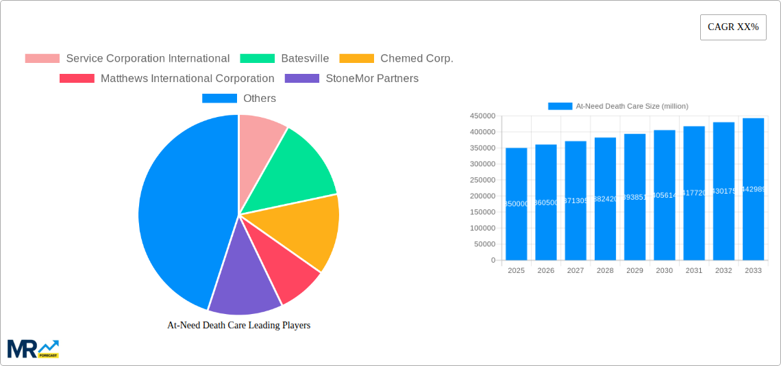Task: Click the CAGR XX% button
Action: click(732, 27)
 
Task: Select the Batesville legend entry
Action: click(284, 59)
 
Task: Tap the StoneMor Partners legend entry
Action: click(351, 79)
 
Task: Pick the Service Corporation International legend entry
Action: click(127, 59)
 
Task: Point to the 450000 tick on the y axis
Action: click(482, 116)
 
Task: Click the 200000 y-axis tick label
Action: click(482, 196)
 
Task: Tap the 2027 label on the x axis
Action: click(575, 271)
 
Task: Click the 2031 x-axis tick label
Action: click(694, 271)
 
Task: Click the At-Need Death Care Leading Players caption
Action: click(238, 326)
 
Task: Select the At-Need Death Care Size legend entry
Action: click(618, 106)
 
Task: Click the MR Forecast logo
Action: click(33, 348)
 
